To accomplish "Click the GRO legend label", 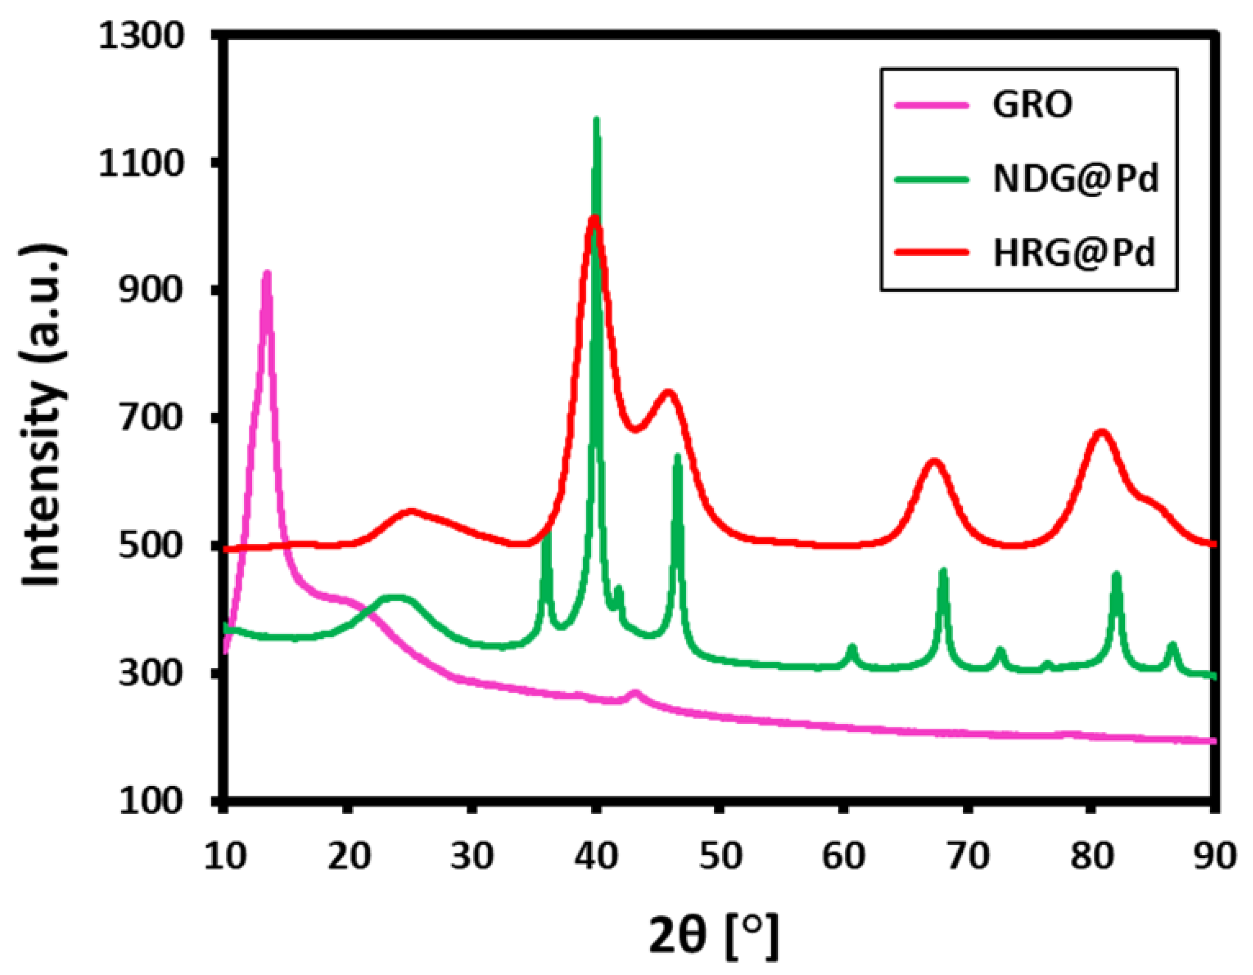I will pos(1032,105).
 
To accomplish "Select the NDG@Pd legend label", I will pos(1076,179).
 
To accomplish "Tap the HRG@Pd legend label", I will pos(1074,253).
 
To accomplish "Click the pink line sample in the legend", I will pos(932,105).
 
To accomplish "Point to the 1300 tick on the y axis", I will pos(140,36).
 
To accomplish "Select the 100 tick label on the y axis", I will pos(150,801).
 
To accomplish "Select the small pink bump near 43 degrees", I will pos(634,693).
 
